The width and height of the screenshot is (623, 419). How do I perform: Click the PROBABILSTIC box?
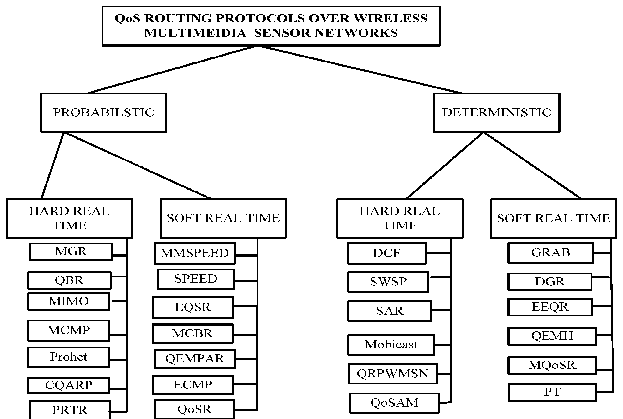coord(104,113)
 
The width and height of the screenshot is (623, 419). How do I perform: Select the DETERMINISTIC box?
coord(496,113)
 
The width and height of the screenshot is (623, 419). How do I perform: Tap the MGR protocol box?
coord(71,251)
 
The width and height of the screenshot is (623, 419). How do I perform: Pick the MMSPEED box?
coord(195,253)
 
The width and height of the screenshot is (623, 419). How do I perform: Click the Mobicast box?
coord(391,345)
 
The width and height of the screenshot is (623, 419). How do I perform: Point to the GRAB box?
coord(551,253)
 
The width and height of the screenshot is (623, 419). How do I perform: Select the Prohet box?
coord(69,357)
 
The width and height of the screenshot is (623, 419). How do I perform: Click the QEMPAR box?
coord(195,359)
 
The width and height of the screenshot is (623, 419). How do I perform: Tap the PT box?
coord(552,392)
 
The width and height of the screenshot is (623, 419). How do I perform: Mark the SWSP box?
coord(388,282)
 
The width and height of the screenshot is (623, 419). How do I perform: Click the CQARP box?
coord(69,385)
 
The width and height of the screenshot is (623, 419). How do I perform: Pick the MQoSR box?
coord(552,365)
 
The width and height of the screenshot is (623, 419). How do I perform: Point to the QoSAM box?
coord(394,403)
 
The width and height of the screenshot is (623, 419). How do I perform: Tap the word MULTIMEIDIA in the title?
coord(195,33)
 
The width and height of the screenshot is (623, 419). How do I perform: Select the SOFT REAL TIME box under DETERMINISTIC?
coord(554,218)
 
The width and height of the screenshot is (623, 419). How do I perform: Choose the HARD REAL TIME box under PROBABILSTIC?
coord(69,218)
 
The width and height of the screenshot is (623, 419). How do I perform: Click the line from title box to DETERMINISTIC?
coord(361,70)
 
